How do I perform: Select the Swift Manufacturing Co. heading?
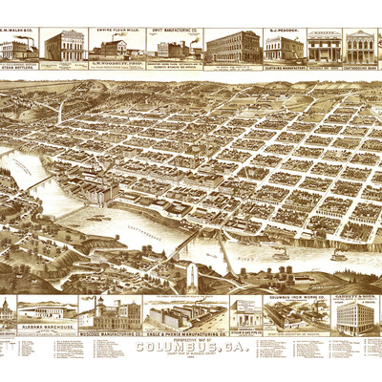(x=174, y=31)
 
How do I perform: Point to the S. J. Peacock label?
(x=284, y=31)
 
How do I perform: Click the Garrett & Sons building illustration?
(x=354, y=318)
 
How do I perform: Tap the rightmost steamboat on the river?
(x=339, y=255)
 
